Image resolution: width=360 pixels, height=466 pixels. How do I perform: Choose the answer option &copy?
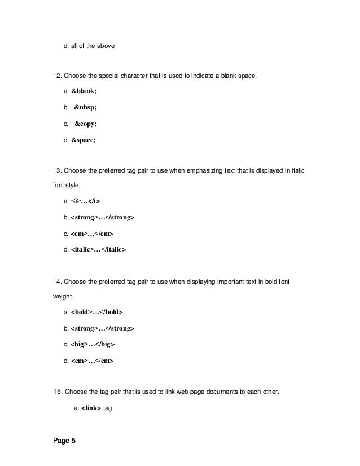click(x=85, y=122)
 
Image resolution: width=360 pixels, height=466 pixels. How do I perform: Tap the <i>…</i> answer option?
click(x=86, y=200)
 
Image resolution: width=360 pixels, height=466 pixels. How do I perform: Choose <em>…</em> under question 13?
click(x=92, y=232)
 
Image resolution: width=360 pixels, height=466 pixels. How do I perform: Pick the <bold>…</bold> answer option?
click(x=96, y=311)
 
